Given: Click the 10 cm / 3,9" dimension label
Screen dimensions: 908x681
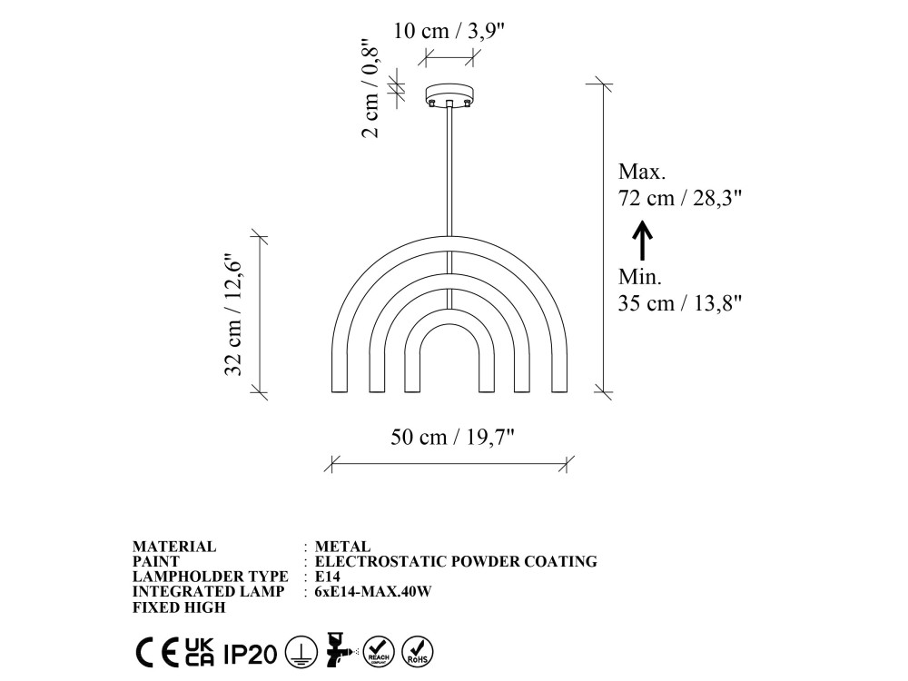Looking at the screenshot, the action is coord(449,31).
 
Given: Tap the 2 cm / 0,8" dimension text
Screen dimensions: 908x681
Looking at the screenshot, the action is coord(370,88).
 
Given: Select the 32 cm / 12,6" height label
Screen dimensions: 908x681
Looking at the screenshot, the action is coord(232,315).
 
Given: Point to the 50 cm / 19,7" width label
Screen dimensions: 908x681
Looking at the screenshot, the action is coord(452,437).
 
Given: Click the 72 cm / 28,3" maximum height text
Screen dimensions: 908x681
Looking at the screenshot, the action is coord(680,198).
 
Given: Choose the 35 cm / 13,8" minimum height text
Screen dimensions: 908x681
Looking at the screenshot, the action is coord(680,303).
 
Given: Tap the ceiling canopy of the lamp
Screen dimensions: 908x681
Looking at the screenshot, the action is coord(449,95).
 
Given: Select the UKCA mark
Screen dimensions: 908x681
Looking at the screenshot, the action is coord(200,652).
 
